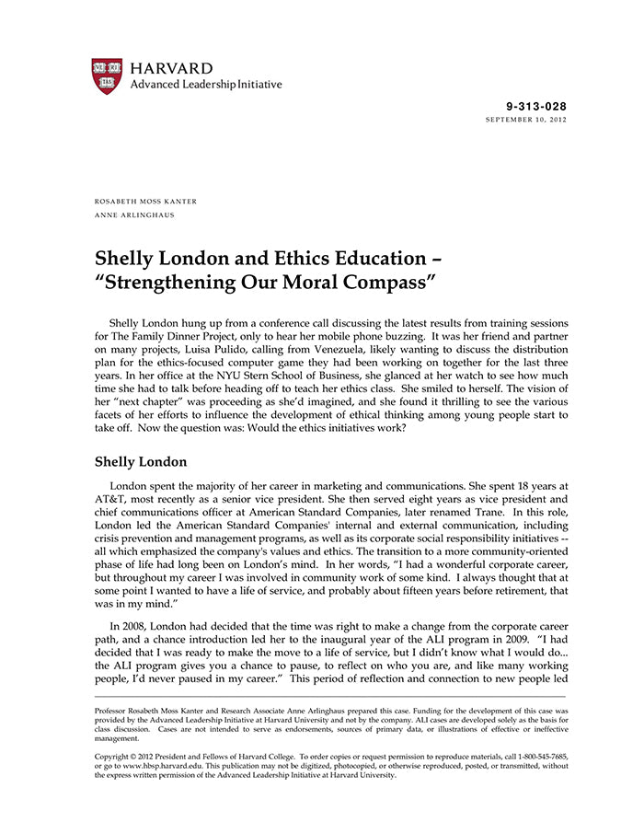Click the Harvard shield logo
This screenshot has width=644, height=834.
click(107, 75)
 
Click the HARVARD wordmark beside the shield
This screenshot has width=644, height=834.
click(171, 69)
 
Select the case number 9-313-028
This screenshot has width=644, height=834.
click(536, 107)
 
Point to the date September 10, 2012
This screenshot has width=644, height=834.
click(525, 121)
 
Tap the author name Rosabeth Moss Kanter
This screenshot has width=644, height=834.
click(145, 202)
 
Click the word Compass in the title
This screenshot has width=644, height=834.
click(384, 282)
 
